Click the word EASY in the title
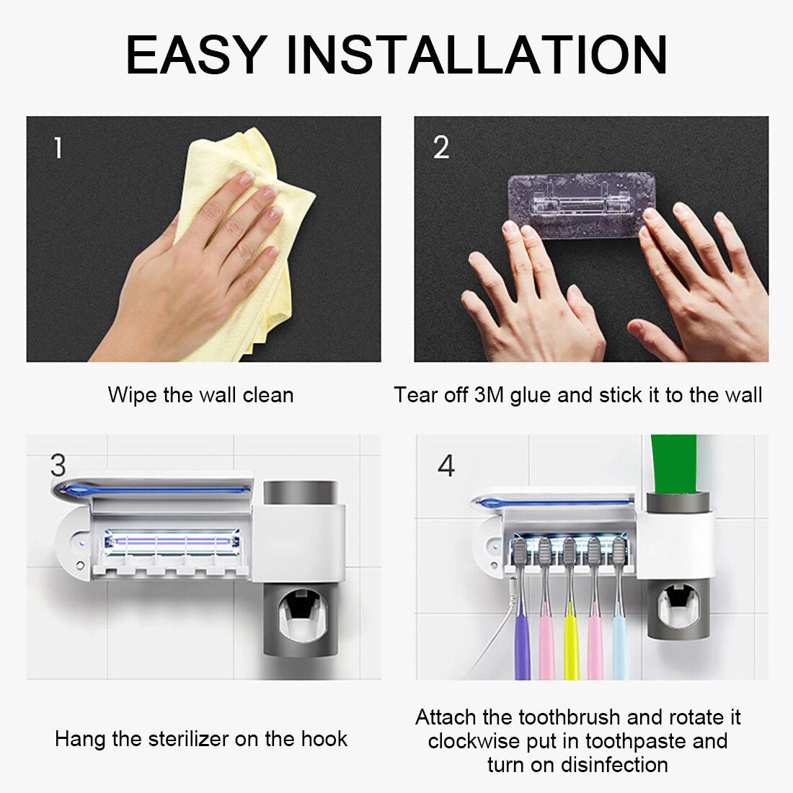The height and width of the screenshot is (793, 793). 195,55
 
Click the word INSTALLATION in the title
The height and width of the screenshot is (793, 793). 477,55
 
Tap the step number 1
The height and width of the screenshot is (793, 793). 58,148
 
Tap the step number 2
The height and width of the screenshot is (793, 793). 441,148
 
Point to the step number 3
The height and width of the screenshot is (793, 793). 58,466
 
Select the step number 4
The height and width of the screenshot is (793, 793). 446,466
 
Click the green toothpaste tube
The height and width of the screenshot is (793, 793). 673,461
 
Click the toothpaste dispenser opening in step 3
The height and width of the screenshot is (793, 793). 300,613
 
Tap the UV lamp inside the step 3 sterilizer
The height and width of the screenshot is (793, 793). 170,540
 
